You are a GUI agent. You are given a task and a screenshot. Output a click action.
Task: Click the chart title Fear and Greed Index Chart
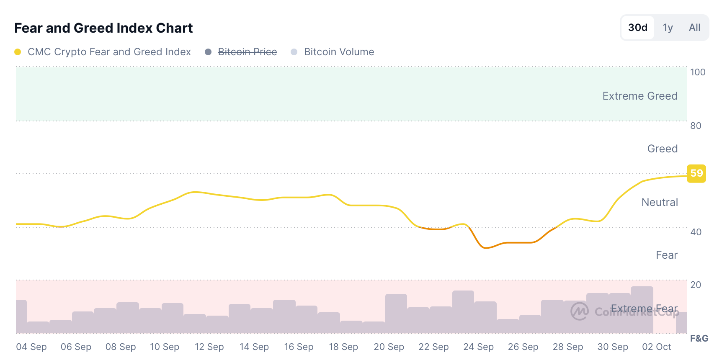tap(103, 28)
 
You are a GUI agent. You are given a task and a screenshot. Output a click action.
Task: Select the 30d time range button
tap(637, 28)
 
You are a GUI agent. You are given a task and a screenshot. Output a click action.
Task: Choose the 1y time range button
tap(668, 28)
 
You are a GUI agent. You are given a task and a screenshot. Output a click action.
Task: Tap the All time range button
tap(694, 28)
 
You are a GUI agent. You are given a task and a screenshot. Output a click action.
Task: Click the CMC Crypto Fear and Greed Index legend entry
tap(109, 52)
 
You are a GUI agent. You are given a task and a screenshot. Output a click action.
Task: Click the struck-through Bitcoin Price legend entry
tap(247, 52)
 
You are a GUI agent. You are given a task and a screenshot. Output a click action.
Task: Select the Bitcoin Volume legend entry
tap(339, 52)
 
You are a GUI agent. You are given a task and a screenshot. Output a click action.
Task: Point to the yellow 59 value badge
tap(696, 173)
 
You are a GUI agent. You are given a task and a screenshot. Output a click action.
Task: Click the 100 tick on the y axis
tap(698, 72)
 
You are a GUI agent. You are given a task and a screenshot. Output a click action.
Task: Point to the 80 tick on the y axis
tap(696, 126)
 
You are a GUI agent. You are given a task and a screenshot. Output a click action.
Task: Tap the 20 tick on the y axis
tap(696, 285)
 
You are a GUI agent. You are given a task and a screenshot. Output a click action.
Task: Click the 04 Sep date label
tap(31, 347)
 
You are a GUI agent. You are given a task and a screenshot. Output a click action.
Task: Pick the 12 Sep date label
tap(209, 347)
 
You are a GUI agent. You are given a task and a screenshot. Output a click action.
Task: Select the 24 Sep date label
tap(478, 347)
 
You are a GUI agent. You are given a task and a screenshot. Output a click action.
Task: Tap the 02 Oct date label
tap(656, 347)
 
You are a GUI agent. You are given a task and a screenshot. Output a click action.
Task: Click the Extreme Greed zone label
tap(639, 96)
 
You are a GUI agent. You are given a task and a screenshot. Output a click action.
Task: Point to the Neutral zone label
tap(660, 202)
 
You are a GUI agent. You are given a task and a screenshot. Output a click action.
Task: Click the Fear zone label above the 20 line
tap(666, 255)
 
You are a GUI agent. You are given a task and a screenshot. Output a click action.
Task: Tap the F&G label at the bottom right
tap(699, 338)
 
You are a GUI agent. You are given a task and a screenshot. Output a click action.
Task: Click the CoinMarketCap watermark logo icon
tap(580, 311)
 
